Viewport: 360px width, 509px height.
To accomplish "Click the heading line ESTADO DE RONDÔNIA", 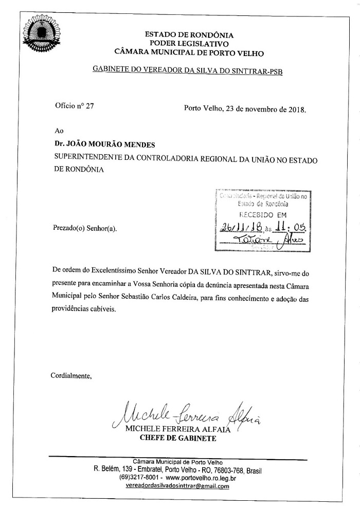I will click(x=189, y=35).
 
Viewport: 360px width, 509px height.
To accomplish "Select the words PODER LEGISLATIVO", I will click(x=189, y=44).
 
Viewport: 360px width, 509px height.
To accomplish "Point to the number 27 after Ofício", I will click(x=89, y=106).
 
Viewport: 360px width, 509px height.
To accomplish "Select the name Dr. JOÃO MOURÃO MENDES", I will click(x=97, y=145).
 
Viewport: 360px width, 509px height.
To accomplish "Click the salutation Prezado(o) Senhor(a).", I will click(x=84, y=227).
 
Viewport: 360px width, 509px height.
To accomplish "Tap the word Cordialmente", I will click(x=71, y=375).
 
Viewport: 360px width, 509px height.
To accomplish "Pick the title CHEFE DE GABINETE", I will click(x=178, y=439).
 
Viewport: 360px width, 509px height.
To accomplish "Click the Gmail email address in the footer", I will click(x=177, y=486).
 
